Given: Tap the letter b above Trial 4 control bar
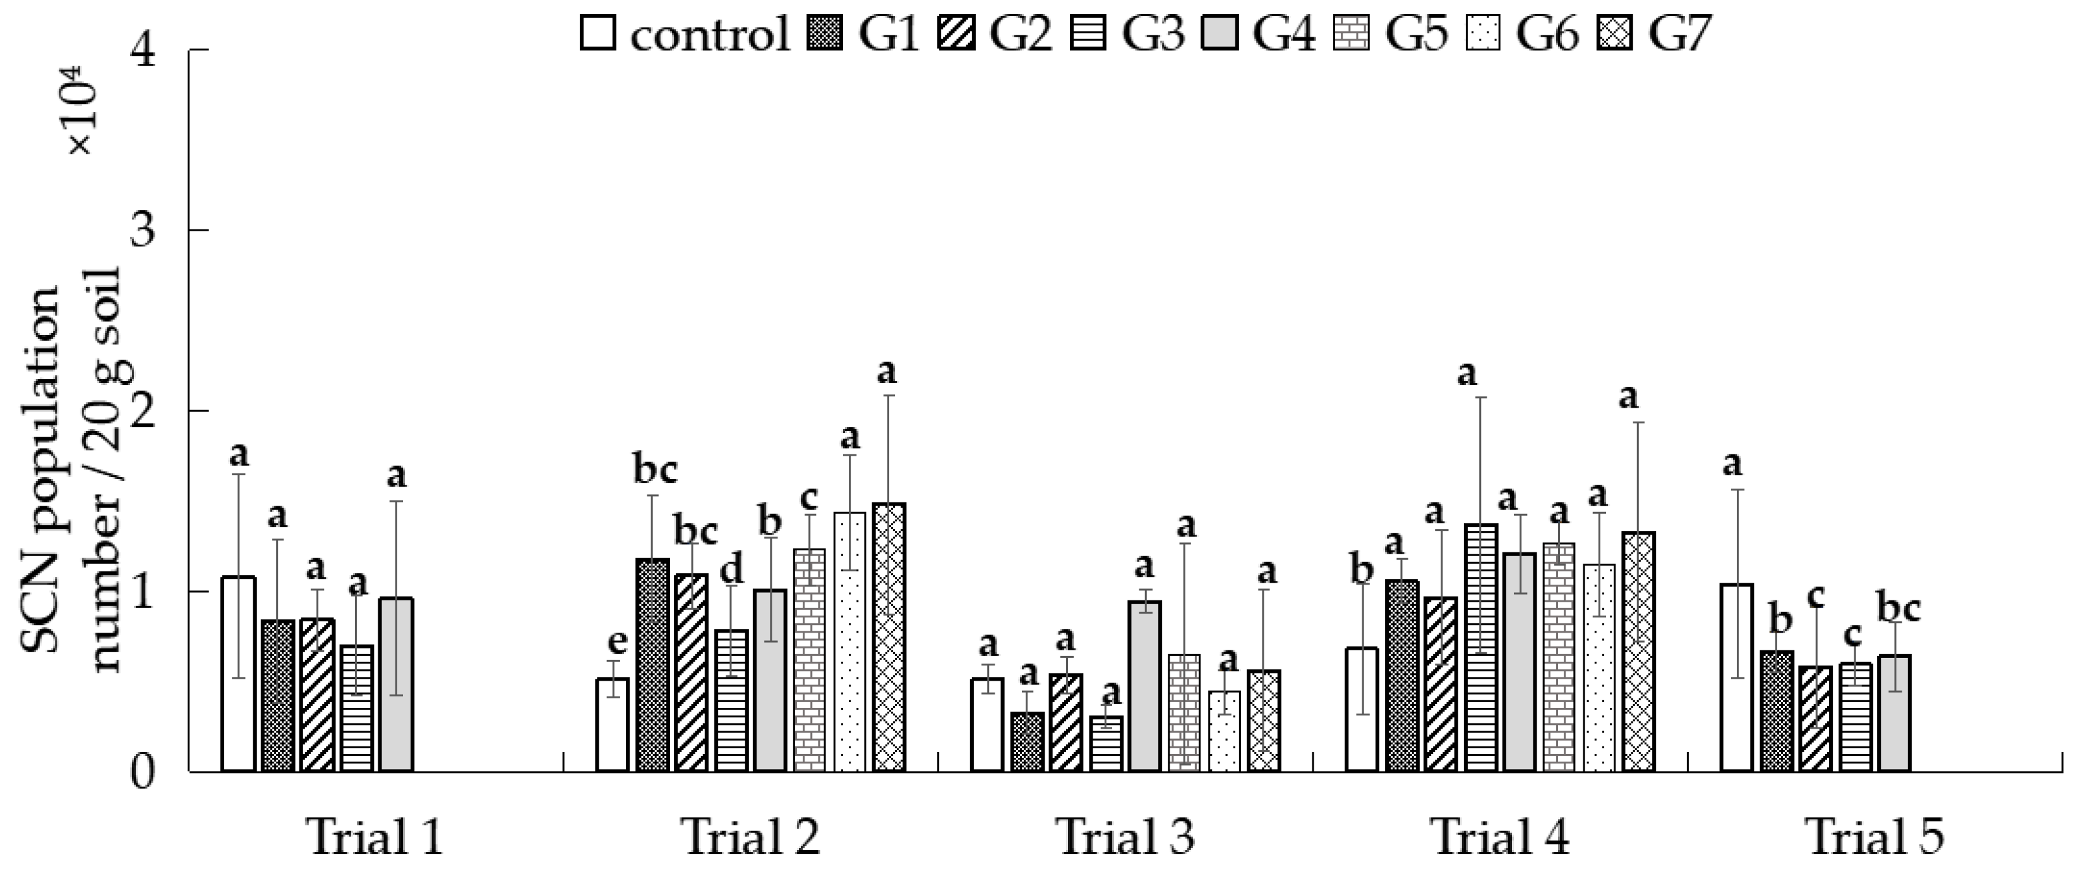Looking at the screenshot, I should point(1362,571).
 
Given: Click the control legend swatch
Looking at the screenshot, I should point(598,35).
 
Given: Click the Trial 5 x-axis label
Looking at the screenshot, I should point(1874,837).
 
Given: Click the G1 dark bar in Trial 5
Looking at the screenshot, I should point(1777,712).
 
